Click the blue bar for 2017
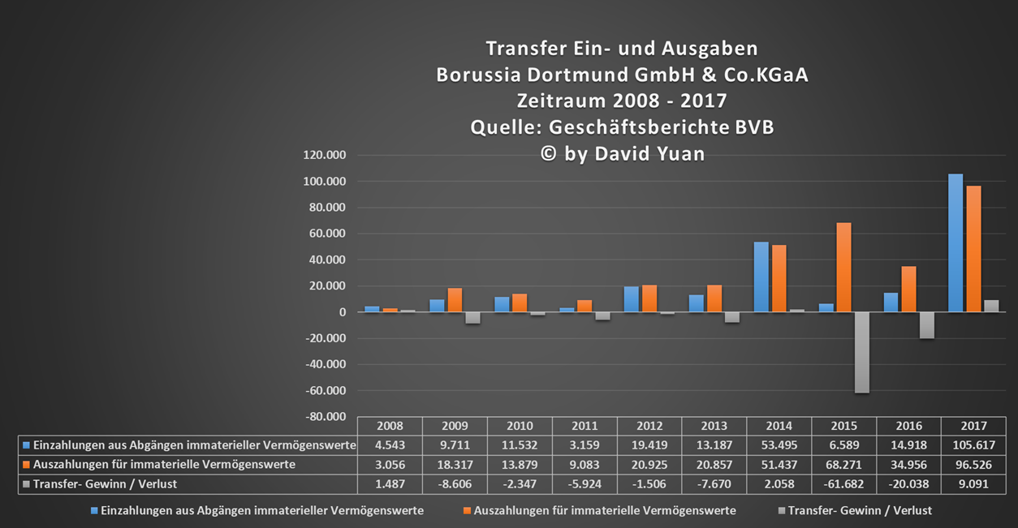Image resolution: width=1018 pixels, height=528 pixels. pos(955,243)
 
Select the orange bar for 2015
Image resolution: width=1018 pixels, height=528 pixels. pos(844,267)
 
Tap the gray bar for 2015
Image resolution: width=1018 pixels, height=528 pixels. pos(861,352)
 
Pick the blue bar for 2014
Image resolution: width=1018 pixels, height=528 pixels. pos(761,277)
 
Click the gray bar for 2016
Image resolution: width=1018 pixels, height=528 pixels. pos(926,325)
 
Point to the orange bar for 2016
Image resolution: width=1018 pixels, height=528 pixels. pos(909,289)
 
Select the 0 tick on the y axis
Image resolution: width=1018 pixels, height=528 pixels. pos(343,312)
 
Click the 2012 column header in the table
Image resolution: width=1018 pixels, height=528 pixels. pos(649,426)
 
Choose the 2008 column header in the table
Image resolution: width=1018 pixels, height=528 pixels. pos(390,426)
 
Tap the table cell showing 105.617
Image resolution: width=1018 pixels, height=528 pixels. pos(973,445)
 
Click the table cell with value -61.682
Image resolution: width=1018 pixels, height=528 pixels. pos(843,484)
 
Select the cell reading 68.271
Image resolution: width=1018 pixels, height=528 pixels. pos(843,465)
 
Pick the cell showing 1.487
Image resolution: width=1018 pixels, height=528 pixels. pos(390,484)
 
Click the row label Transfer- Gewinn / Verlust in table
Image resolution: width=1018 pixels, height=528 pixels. pos(105,484)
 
